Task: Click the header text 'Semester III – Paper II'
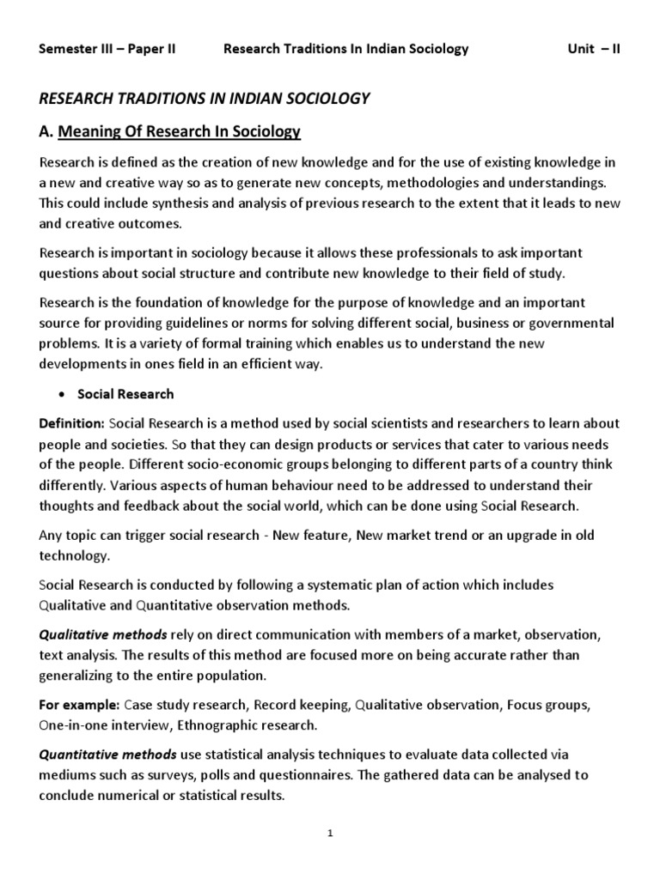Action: click(107, 49)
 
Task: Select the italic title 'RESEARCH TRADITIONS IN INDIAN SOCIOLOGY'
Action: click(205, 99)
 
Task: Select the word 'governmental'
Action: click(574, 323)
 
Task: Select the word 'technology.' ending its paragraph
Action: click(74, 555)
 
